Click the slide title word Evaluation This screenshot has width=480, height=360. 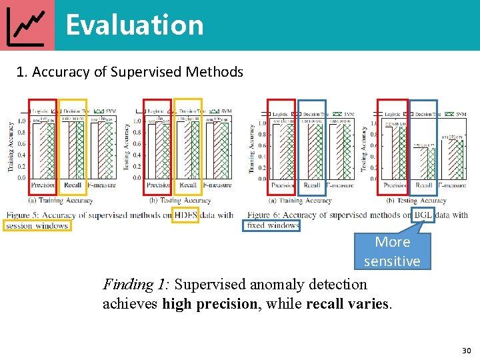135,25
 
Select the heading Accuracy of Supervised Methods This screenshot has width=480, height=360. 137,72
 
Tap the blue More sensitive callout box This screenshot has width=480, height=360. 392,251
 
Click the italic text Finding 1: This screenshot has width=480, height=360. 136,285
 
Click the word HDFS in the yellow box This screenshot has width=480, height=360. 185,215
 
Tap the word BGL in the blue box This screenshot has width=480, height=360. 423,215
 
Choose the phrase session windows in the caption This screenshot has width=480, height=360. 37,226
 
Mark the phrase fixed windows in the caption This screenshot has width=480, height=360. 273,225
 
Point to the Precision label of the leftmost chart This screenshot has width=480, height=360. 43,185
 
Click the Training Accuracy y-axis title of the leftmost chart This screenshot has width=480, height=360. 11,147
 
